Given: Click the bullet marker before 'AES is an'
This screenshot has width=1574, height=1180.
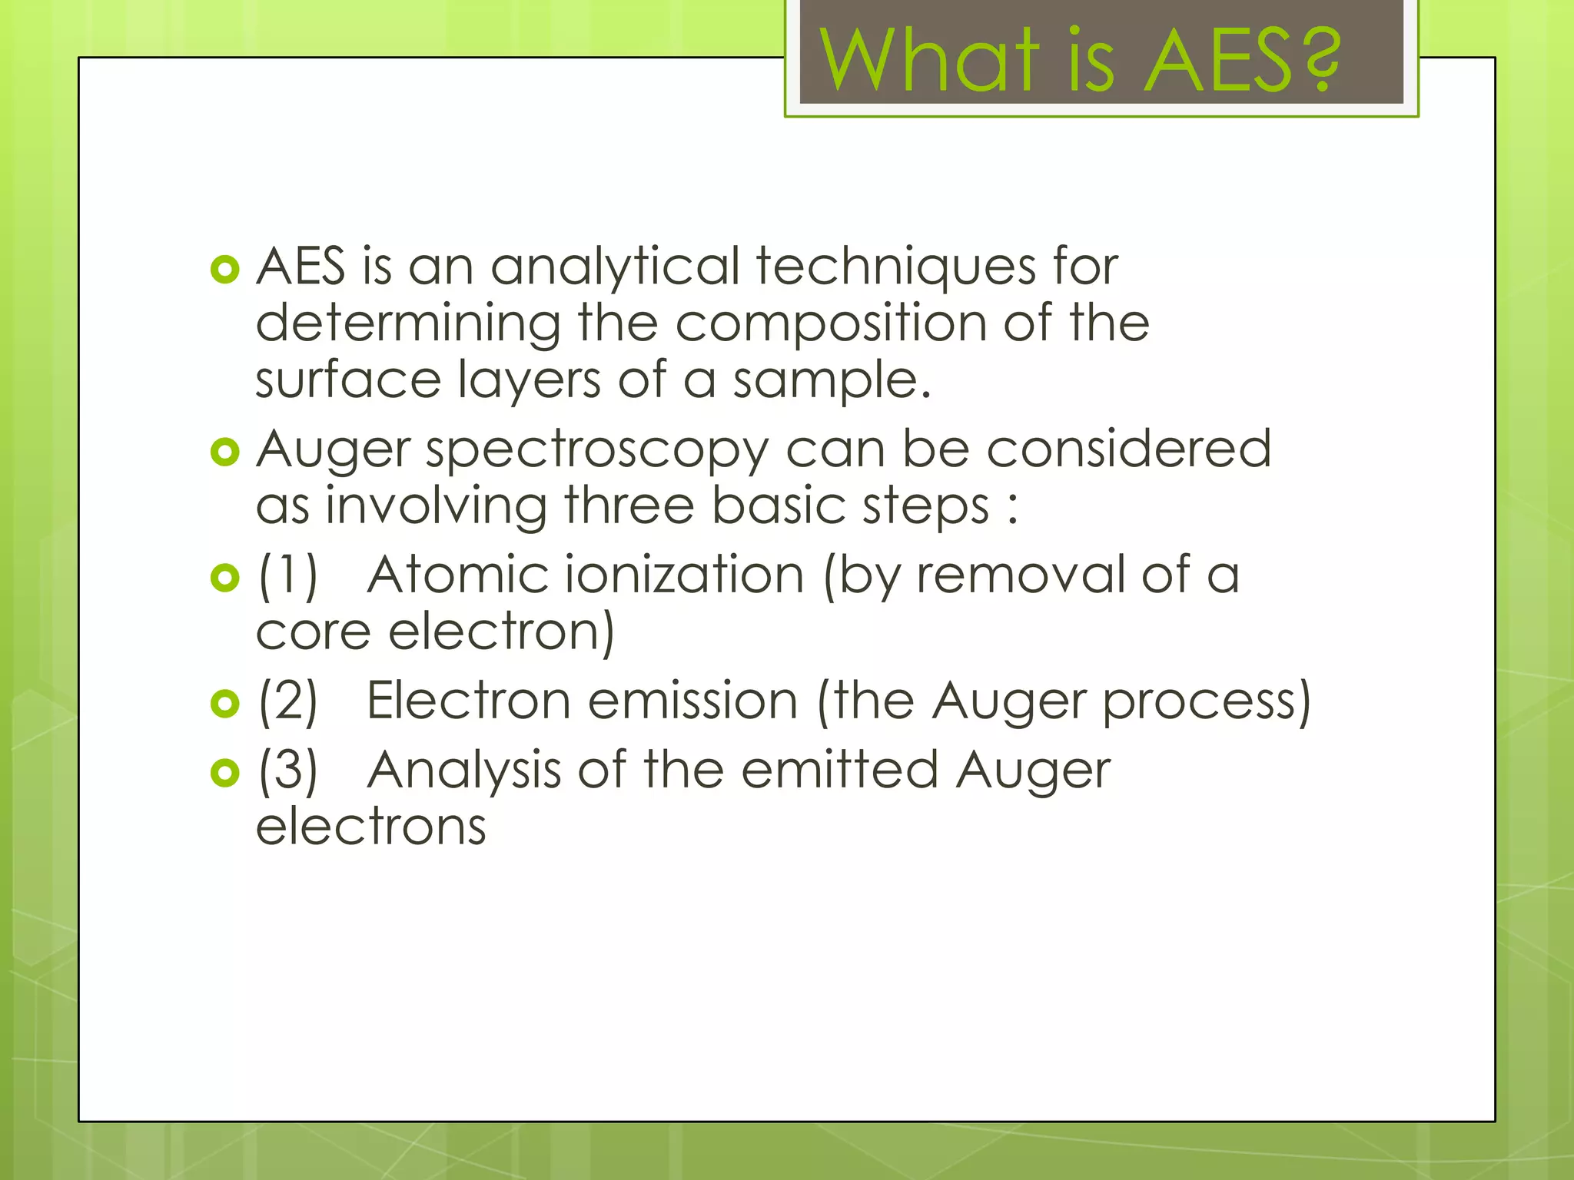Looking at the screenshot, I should coord(225,270).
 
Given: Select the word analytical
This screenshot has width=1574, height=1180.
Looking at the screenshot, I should coord(615,267).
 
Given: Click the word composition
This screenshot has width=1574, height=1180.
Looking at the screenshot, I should coord(831,323).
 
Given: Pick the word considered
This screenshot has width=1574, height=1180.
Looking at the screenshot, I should coord(1128,449).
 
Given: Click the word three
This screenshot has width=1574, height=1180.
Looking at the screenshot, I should coord(629,506).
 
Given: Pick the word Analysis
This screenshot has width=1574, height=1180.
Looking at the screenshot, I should coord(464,771).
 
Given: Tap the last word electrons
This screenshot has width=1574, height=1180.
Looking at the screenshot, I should coord(371,828).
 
